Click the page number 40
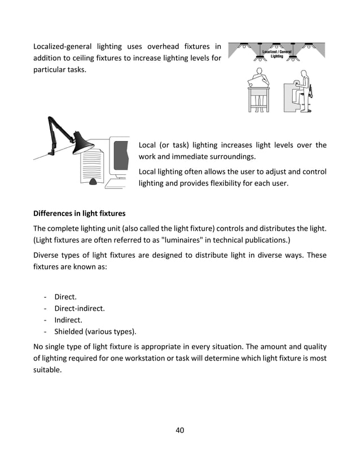180,430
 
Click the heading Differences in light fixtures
79,214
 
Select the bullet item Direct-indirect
80,309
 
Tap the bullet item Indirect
68,320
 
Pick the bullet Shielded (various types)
95,331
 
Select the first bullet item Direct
65,297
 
